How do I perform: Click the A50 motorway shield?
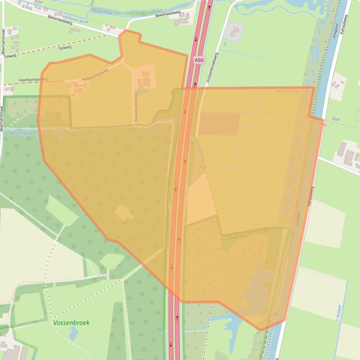(x=199, y=60)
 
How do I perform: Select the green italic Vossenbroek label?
(x=71, y=323)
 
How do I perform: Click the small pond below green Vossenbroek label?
(x=73, y=333)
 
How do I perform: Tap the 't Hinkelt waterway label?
(x=339, y=313)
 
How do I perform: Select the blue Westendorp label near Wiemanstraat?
(x=20, y=133)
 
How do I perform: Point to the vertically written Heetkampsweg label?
(x=135, y=107)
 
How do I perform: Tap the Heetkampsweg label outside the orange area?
(x=33, y=80)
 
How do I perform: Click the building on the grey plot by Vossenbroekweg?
(x=235, y=32)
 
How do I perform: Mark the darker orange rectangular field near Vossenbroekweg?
(x=219, y=123)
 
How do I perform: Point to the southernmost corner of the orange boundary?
(x=261, y=330)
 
